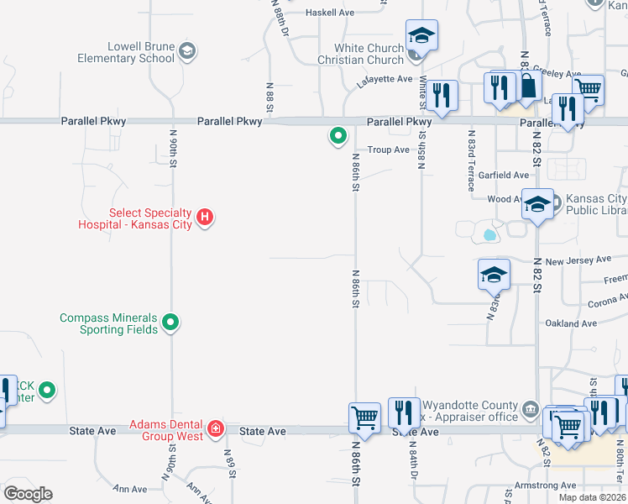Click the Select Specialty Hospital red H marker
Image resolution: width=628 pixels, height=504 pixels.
tap(204, 219)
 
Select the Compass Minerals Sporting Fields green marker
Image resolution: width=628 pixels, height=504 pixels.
tap(170, 323)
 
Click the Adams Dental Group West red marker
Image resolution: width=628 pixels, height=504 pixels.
tap(216, 429)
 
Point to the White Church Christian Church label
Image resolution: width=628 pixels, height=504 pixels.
tap(361, 54)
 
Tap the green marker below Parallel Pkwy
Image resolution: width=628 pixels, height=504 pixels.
tap(338, 135)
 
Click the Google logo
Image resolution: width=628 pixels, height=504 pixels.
tap(28, 494)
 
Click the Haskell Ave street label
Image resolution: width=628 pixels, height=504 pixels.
tap(331, 13)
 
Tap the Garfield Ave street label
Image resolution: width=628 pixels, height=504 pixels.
tap(504, 175)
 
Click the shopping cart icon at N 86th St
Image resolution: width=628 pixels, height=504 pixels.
tap(364, 417)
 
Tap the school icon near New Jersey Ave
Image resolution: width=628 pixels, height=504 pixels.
tap(494, 274)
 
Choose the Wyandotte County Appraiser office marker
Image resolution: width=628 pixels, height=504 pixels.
tap(530, 409)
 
